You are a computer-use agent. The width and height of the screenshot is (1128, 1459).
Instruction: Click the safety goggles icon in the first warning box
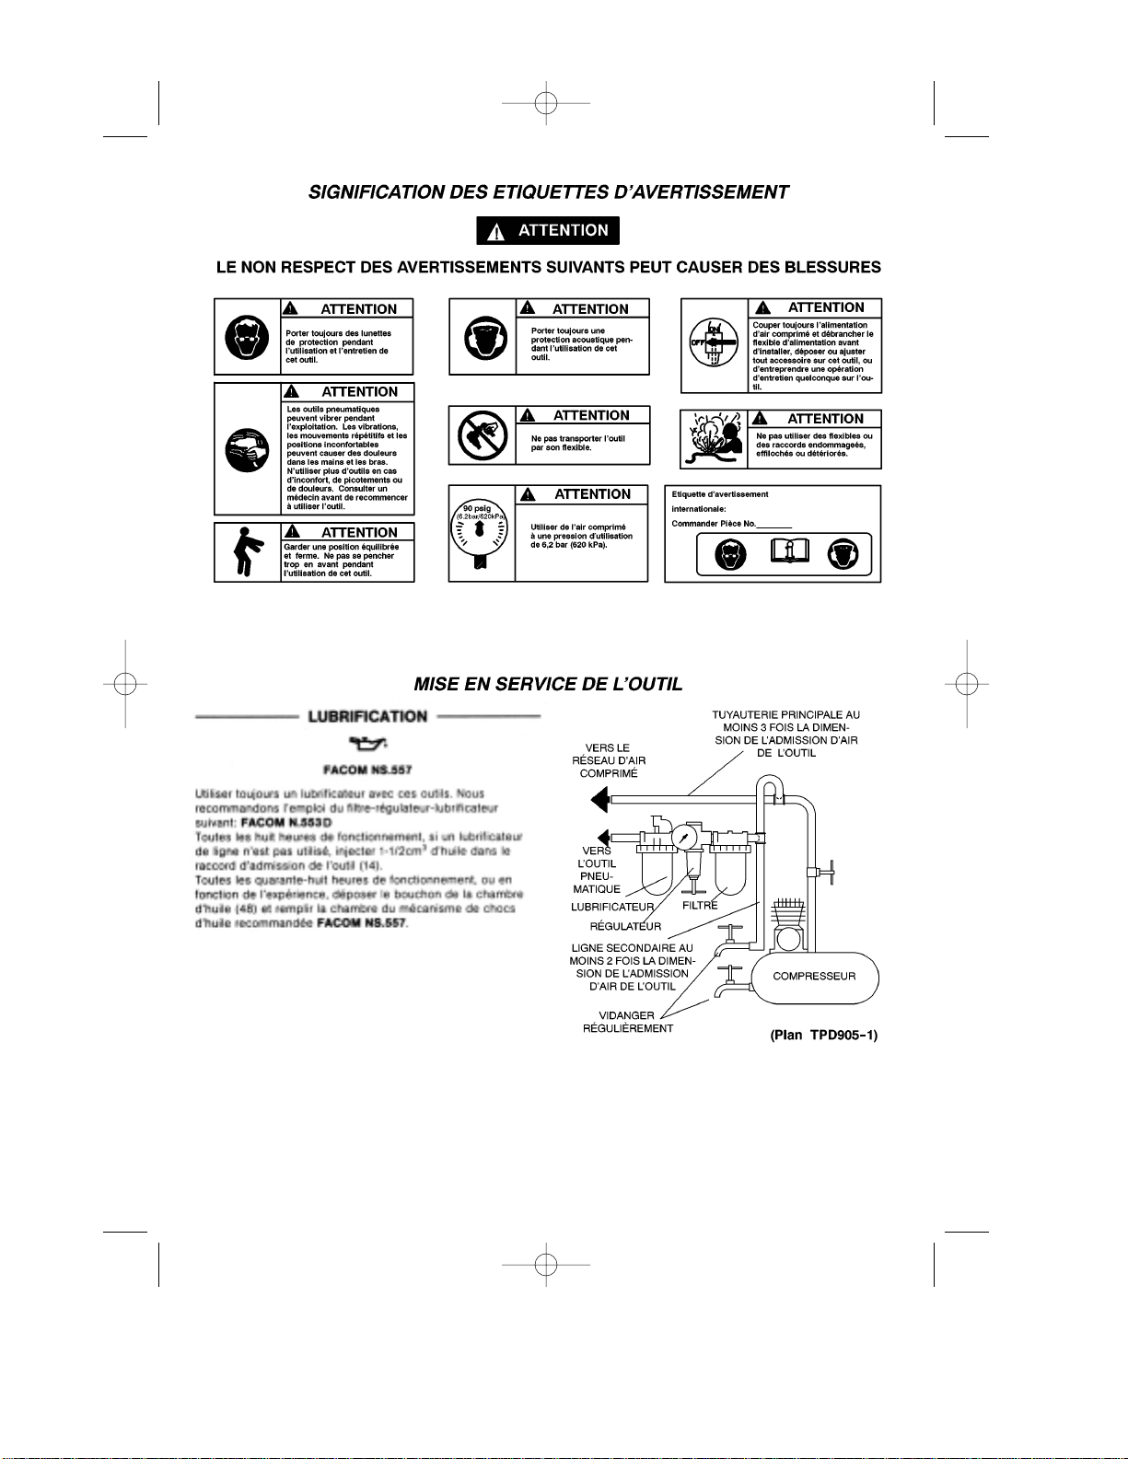point(247,338)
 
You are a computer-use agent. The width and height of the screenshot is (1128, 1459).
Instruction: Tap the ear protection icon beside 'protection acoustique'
point(483,338)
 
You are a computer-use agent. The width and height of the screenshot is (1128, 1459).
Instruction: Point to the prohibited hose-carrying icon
point(483,435)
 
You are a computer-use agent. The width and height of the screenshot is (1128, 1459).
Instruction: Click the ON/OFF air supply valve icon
point(714,343)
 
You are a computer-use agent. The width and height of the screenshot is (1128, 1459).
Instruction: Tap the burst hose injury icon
point(714,439)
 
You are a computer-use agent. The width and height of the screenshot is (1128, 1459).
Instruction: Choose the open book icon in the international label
point(789,552)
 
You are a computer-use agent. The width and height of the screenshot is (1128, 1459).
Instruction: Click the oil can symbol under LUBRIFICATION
point(367,744)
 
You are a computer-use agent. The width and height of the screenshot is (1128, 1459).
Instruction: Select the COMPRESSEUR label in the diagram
point(814,977)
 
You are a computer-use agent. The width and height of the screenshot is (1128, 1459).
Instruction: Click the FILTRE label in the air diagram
point(700,906)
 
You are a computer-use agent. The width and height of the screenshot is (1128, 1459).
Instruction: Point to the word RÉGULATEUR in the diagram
point(625,927)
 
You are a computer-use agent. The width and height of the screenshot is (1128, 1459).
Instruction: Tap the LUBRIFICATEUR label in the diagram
point(612,908)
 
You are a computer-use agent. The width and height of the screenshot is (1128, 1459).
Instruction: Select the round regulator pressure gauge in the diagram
point(684,838)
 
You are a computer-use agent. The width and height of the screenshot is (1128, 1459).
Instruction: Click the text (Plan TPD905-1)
point(823,1036)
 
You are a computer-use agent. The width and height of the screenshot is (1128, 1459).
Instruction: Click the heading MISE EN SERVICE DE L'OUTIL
point(548,685)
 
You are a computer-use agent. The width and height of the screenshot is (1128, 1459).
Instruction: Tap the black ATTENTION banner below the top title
point(548,231)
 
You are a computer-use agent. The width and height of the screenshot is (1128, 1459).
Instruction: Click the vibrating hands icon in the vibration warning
point(247,449)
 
